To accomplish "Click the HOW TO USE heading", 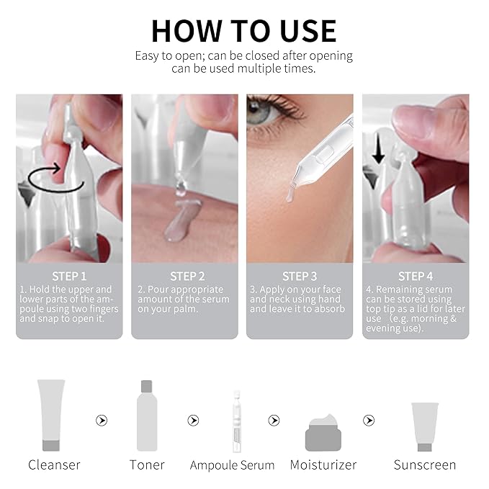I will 243,30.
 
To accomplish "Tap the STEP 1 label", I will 69,276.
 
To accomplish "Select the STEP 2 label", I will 187,276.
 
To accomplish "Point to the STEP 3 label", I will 300,276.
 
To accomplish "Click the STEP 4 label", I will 416,276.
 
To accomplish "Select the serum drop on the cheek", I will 288,193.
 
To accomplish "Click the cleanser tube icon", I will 51,415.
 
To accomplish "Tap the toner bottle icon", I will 147,416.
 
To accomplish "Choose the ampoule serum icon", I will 235,421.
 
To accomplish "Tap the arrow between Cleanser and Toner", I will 102,421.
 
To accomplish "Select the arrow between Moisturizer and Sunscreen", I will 369,421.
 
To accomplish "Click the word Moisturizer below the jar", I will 323,465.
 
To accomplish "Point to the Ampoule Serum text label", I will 232,465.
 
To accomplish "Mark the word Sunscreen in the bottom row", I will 424,465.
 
